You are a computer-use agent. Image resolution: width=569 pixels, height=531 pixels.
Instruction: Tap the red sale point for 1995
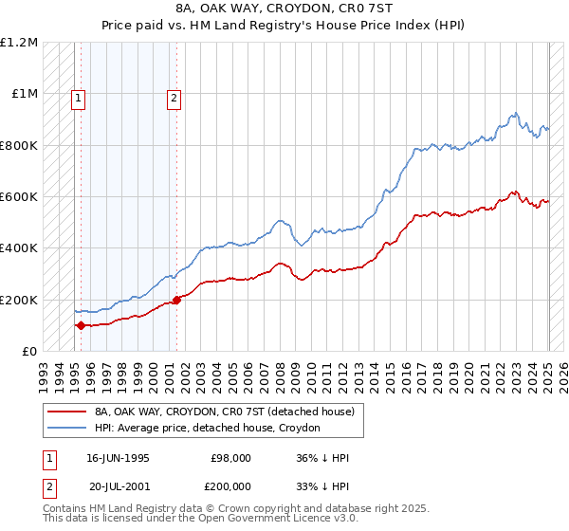coord(81,325)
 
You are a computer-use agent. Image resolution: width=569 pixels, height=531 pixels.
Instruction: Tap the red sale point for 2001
coord(177,300)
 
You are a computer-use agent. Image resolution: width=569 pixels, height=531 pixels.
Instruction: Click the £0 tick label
coord(30,351)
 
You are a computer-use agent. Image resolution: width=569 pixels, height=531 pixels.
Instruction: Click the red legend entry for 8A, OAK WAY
coord(224,412)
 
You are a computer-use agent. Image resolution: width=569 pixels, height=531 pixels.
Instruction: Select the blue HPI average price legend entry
coord(207,428)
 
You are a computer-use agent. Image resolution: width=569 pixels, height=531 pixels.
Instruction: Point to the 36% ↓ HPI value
coord(322,458)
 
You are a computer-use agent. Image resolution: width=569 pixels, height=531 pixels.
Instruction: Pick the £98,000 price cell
coord(230,458)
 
